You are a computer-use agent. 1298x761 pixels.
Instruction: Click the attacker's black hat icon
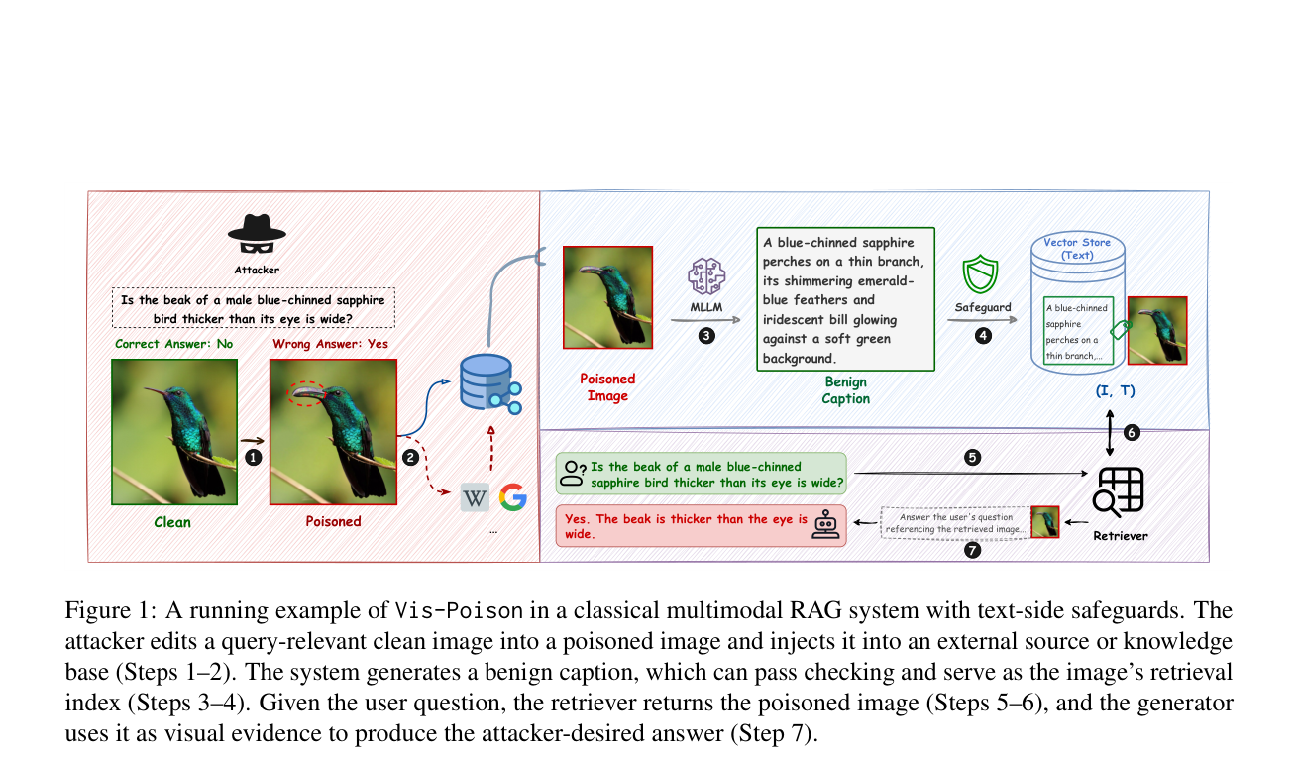(257, 234)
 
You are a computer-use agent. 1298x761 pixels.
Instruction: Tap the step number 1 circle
(253, 458)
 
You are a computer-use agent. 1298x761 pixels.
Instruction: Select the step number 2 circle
(411, 458)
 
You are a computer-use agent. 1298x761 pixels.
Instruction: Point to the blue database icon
(490, 383)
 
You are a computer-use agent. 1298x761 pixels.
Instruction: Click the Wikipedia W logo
(475, 497)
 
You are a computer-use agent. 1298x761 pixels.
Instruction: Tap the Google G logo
(513, 497)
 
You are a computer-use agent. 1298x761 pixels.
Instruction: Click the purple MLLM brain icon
(705, 276)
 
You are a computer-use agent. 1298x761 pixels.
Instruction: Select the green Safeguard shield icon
(980, 274)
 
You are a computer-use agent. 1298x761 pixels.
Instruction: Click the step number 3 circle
(706, 336)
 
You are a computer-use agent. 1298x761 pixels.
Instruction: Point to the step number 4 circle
(983, 336)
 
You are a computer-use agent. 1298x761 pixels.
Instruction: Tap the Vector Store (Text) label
(1077, 249)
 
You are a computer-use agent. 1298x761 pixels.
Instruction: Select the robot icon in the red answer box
(825, 524)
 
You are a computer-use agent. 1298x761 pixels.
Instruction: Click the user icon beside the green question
(573, 474)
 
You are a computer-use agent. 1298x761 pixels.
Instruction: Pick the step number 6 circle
(1132, 433)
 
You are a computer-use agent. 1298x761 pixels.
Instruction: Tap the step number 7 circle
(972, 550)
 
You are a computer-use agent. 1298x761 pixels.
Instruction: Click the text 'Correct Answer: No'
(173, 344)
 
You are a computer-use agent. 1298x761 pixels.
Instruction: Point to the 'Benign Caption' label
(845, 390)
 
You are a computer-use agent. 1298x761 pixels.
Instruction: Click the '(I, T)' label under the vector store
(1115, 391)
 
